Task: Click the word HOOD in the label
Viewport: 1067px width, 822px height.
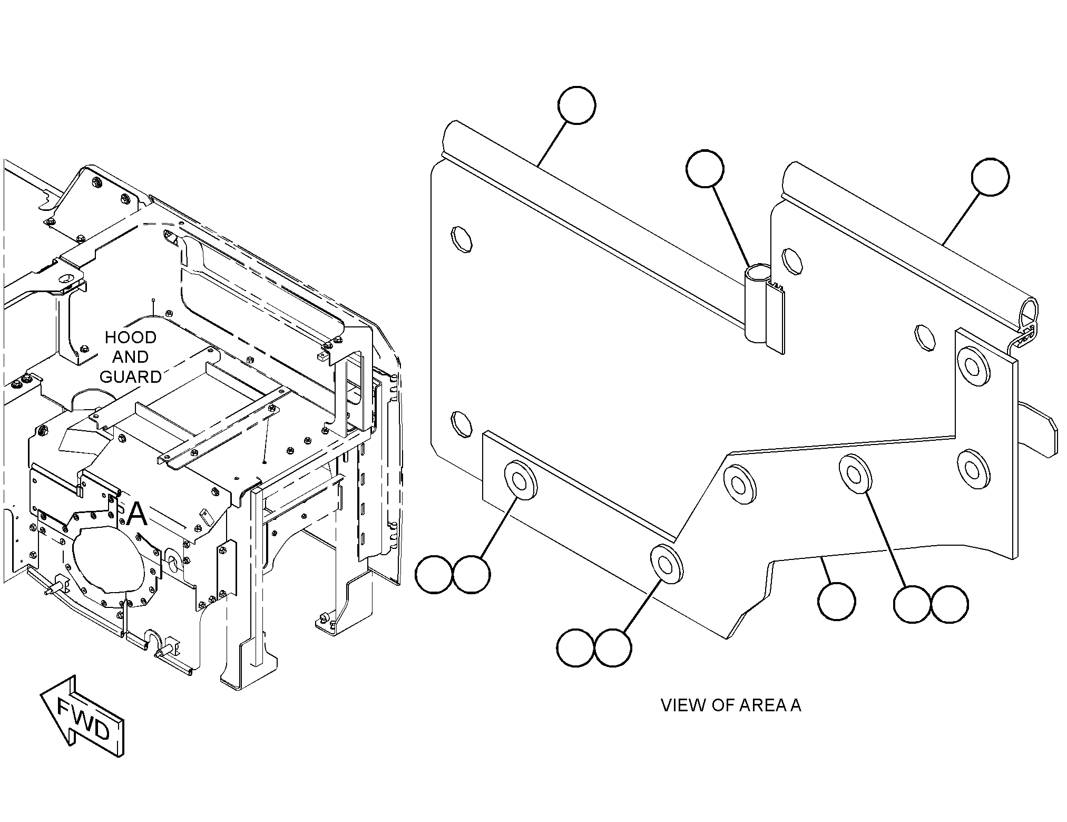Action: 130,337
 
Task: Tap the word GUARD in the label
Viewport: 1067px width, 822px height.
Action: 131,376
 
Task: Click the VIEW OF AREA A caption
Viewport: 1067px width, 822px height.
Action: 731,705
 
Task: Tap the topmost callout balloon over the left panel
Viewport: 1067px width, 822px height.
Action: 576,105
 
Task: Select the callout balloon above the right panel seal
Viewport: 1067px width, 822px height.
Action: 991,177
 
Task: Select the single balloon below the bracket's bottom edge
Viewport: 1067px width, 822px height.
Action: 837,601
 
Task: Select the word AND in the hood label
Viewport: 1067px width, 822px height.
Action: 130,357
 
